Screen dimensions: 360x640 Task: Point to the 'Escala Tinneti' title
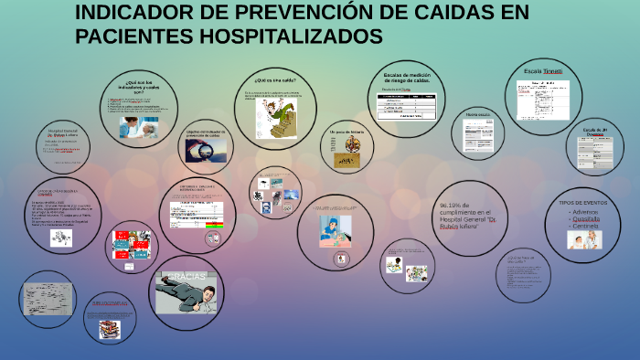(x=543, y=70)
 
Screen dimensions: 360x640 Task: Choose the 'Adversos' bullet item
(x=585, y=212)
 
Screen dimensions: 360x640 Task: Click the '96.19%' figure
(x=455, y=206)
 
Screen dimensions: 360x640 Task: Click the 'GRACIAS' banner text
(x=185, y=277)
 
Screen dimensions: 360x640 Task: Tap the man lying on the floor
(x=187, y=299)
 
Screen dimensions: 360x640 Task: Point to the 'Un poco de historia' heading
(x=347, y=132)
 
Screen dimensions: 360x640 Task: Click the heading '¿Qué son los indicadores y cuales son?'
(x=146, y=87)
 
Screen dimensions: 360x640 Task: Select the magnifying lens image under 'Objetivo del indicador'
(x=198, y=153)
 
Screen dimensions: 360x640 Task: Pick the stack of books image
(x=111, y=327)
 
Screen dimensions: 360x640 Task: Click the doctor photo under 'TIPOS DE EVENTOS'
(x=584, y=240)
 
